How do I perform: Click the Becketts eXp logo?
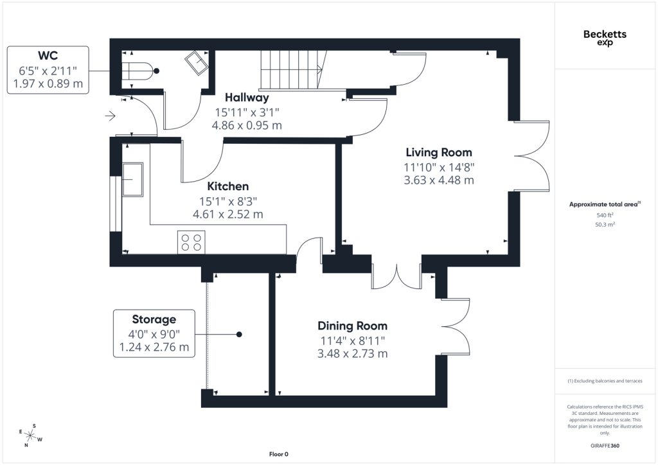click(605, 38)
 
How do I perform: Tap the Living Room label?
click(439, 152)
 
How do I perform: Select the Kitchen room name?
click(228, 186)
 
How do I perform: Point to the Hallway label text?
click(247, 97)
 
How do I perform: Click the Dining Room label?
click(353, 326)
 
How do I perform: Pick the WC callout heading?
click(48, 55)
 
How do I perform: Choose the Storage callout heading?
click(154, 319)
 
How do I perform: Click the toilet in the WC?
click(136, 71)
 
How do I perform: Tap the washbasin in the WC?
click(197, 63)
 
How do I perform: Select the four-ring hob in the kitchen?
click(191, 242)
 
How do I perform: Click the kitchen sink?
click(132, 179)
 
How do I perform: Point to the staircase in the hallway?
click(293, 69)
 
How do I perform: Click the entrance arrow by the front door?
click(111, 116)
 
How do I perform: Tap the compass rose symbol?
click(30, 435)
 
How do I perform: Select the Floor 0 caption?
click(279, 454)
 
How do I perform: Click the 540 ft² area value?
click(605, 215)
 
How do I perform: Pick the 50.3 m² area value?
click(605, 224)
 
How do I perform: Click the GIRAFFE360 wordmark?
click(605, 446)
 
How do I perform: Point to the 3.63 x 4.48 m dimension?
click(439, 180)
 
